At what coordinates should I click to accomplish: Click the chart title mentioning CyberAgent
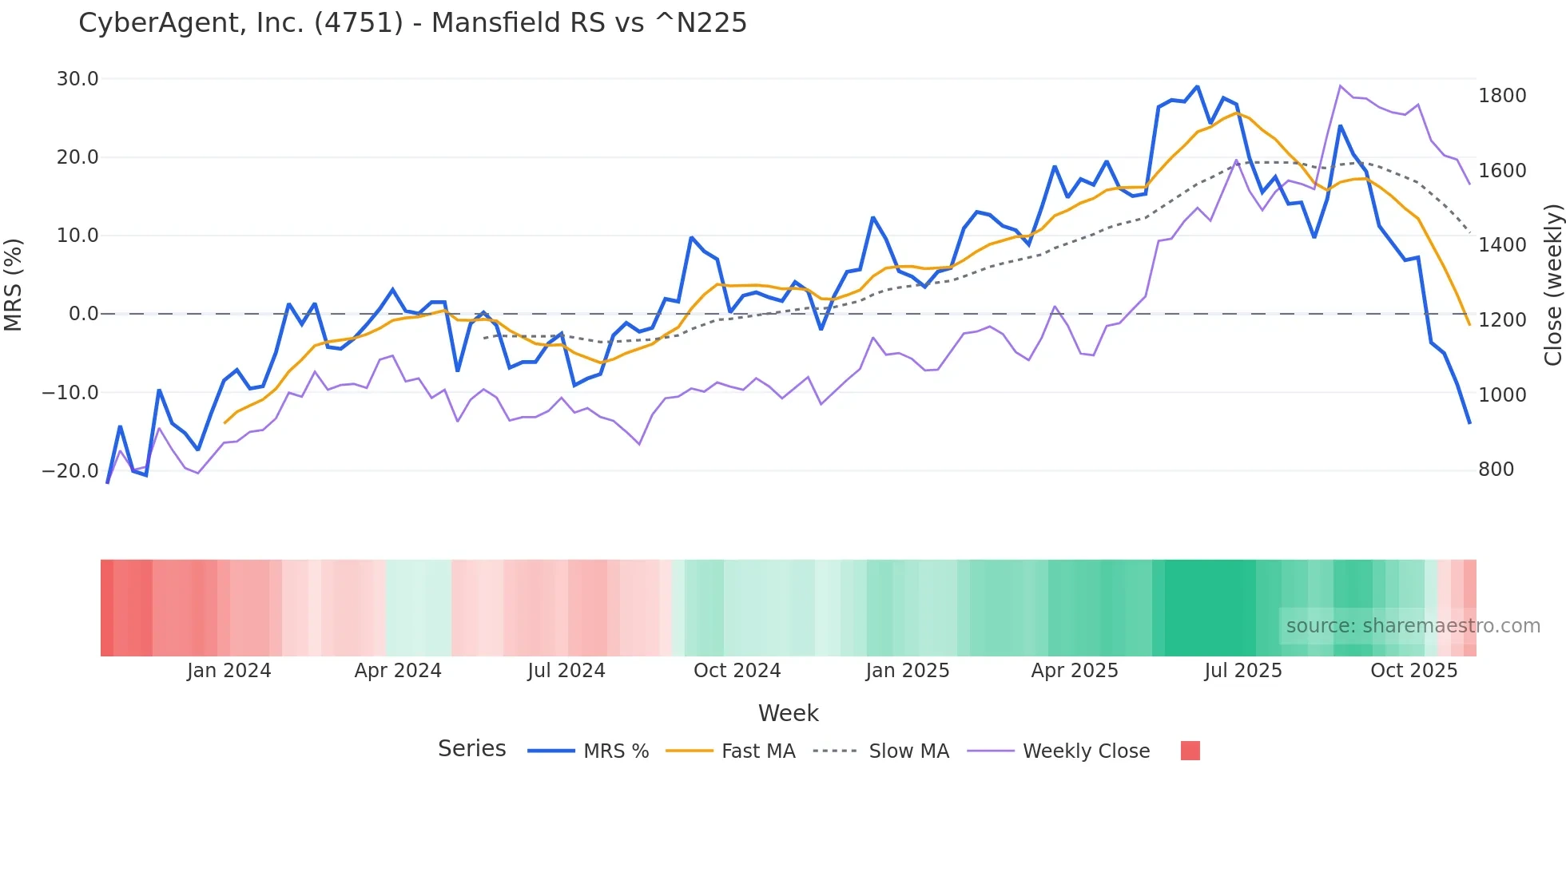[x=412, y=23]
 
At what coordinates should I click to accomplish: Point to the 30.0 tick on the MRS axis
[x=78, y=79]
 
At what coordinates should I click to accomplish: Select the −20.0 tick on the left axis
[x=70, y=471]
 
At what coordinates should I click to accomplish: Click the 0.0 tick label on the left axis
[x=83, y=314]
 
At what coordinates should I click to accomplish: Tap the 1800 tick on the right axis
[x=1502, y=96]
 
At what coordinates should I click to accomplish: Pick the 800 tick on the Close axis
[x=1496, y=470]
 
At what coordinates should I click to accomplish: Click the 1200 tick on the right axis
[x=1502, y=320]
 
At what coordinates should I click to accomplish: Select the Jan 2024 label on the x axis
[x=229, y=671]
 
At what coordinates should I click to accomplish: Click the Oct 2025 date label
[x=1413, y=671]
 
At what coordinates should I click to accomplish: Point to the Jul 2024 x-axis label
[x=566, y=671]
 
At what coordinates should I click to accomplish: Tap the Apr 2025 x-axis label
[x=1075, y=671]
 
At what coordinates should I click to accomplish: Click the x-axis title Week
[x=788, y=713]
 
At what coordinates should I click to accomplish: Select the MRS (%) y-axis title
[x=14, y=284]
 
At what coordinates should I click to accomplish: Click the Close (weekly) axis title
[x=1552, y=285]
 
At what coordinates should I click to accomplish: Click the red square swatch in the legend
[x=1190, y=751]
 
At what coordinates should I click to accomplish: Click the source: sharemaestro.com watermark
[x=1413, y=626]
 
